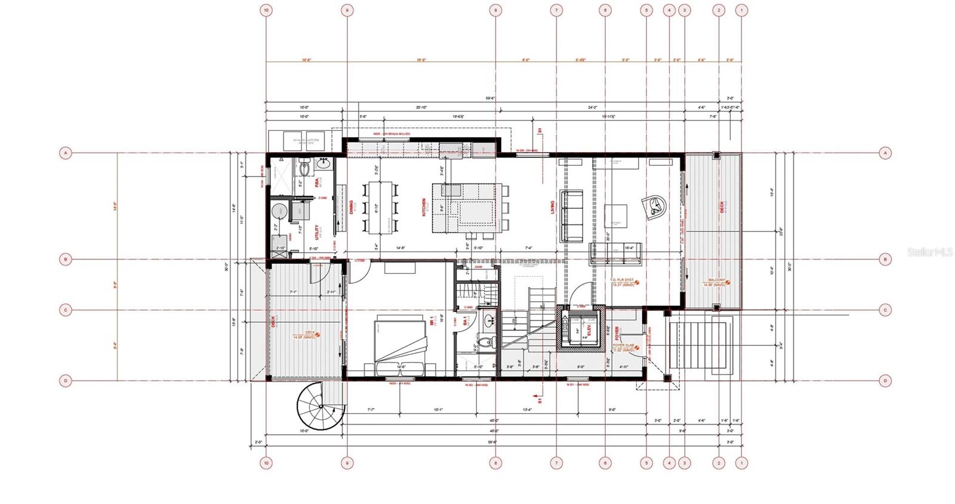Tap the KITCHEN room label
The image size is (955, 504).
pyautogui.click(x=425, y=207)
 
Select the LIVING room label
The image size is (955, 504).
pyautogui.click(x=553, y=208)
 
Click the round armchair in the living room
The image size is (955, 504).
pyautogui.click(x=655, y=206)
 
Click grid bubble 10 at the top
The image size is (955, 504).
pyautogui.click(x=266, y=10)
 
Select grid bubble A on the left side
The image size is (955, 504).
pyautogui.click(x=65, y=153)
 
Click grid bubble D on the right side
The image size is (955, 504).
pyautogui.click(x=885, y=381)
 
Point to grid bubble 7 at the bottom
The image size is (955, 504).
pyautogui.click(x=556, y=462)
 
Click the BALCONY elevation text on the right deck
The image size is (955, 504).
pyautogui.click(x=717, y=283)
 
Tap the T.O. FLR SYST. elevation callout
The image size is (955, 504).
pyautogui.click(x=623, y=282)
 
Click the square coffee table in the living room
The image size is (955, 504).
pyautogui.click(x=616, y=216)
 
